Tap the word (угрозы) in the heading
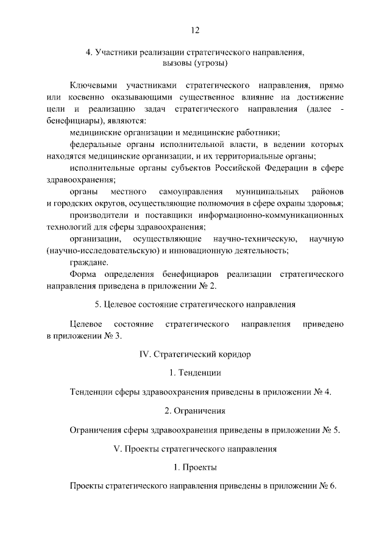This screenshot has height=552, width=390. [x=210, y=63]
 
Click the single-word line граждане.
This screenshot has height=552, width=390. [x=90, y=262]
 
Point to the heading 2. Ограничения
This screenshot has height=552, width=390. [x=195, y=410]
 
